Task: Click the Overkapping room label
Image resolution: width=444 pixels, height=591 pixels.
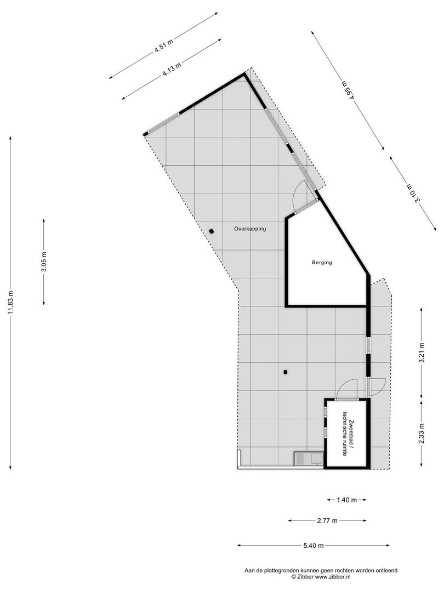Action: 250,229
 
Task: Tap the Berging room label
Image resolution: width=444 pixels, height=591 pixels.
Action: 322,263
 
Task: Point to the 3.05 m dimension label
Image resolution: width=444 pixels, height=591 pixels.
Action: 44,262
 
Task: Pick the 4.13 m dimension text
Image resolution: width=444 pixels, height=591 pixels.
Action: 172,69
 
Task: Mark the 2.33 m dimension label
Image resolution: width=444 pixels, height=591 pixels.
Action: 422,434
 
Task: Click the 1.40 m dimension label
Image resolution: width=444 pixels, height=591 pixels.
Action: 346,500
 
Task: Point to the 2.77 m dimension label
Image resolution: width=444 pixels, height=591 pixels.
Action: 327,520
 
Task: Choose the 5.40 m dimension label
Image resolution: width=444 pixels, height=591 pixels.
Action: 313,546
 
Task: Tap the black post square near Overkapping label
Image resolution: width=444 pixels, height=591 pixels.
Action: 211,231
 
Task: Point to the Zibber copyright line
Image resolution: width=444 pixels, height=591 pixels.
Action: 321,577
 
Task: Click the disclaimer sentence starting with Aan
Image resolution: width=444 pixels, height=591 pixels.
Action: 321,570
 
